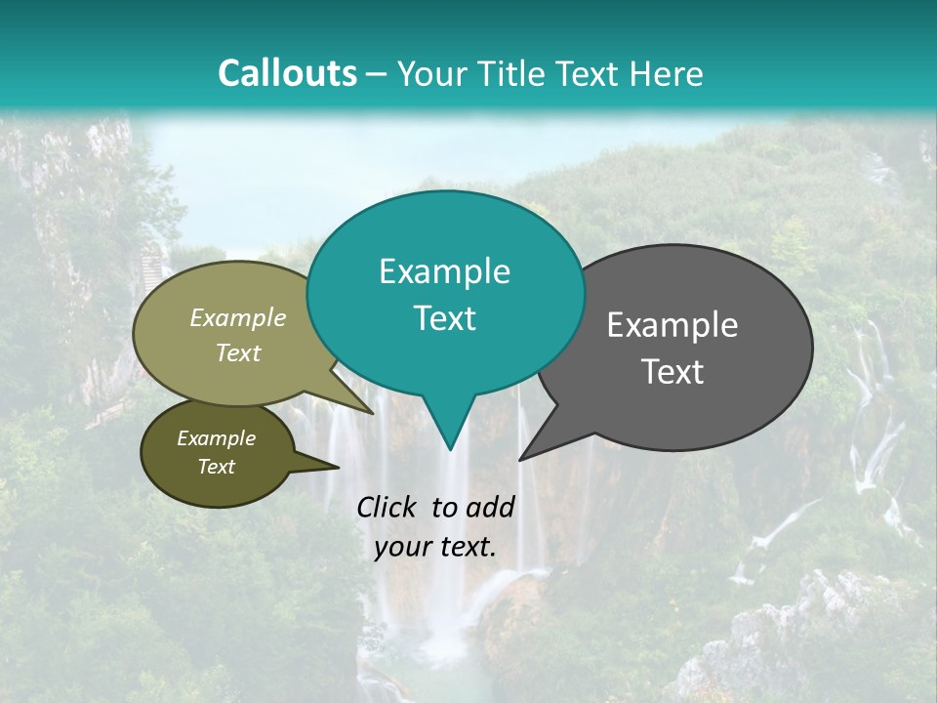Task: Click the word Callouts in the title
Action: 287,73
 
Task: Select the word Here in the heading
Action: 668,73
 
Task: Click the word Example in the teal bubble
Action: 444,271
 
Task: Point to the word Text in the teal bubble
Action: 444,318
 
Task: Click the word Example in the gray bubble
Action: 672,325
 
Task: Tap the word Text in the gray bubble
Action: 672,372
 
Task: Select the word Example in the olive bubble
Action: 238,317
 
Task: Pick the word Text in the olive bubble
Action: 238,352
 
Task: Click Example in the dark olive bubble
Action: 217,438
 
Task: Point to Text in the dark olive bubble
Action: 217,467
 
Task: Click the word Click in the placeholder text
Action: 388,507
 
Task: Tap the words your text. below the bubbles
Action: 435,547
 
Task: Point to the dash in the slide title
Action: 378,74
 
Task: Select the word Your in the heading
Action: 429,73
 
